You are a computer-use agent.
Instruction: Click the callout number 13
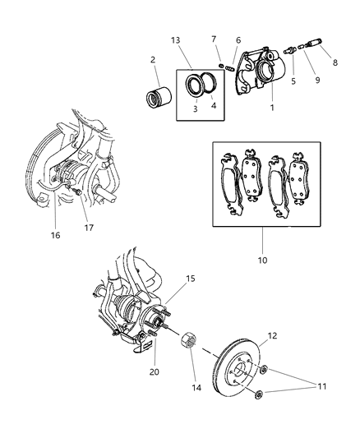pyautogui.click(x=175, y=40)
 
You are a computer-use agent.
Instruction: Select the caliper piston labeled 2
pyautogui.click(x=157, y=96)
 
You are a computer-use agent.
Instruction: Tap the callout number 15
pyautogui.click(x=190, y=279)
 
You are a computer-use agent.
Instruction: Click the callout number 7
pyautogui.click(x=214, y=39)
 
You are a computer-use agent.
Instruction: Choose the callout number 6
pyautogui.click(x=238, y=40)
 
